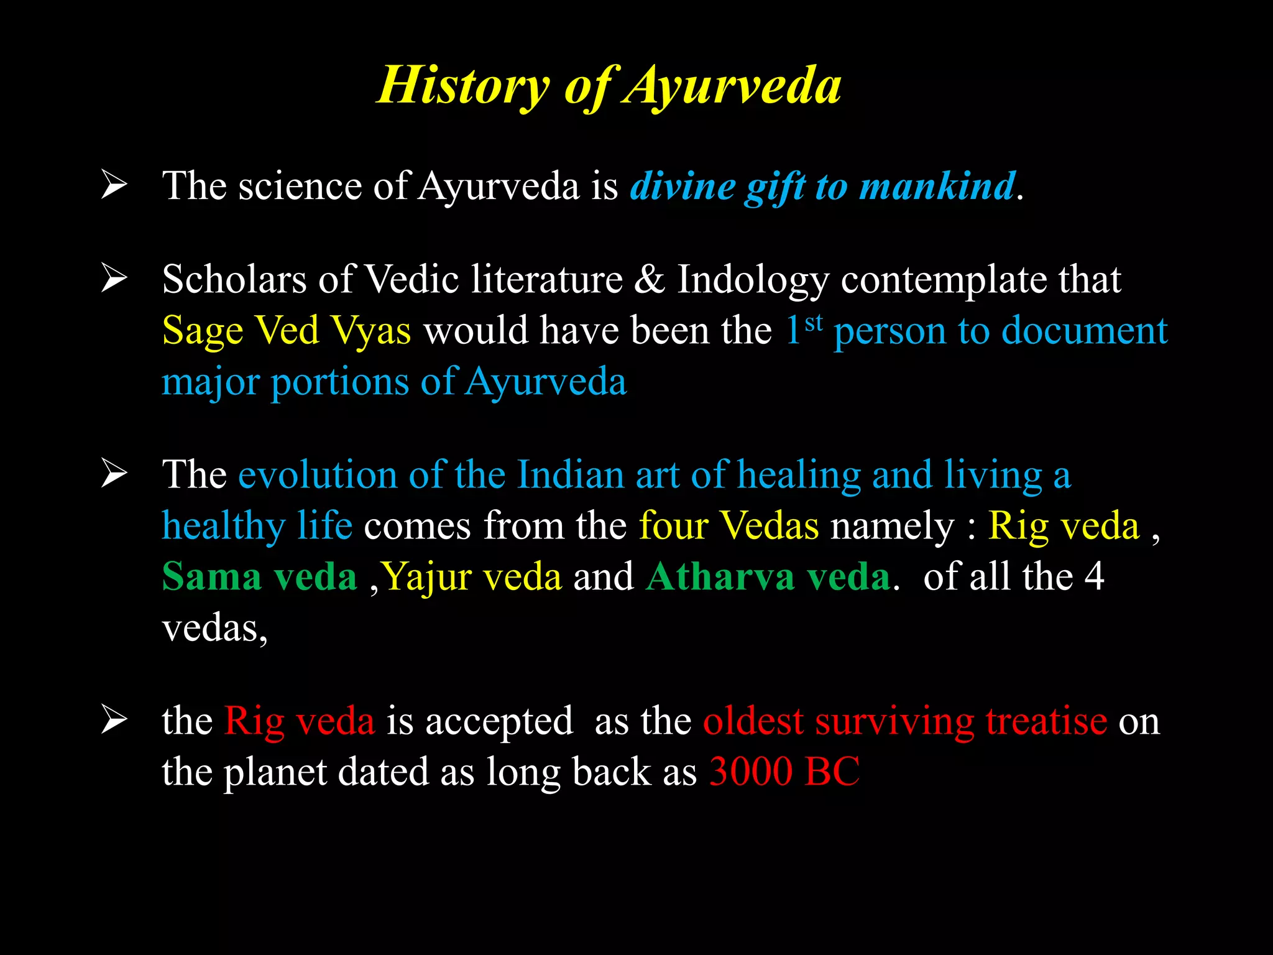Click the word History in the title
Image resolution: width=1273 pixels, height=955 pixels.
coord(464,86)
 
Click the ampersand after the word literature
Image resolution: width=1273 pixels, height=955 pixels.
coord(650,279)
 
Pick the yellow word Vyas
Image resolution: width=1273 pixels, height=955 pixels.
coord(370,331)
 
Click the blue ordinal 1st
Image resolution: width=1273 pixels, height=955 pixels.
coord(804,330)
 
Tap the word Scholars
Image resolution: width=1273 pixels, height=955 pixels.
coord(234,279)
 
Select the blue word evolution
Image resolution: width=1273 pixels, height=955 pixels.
coord(318,475)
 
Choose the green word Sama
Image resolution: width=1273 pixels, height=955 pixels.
coord(211,577)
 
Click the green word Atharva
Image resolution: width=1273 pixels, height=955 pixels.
coord(720,577)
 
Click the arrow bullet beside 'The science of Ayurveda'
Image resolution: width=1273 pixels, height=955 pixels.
coord(114,186)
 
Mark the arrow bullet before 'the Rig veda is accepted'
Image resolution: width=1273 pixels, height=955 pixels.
coord(114,721)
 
